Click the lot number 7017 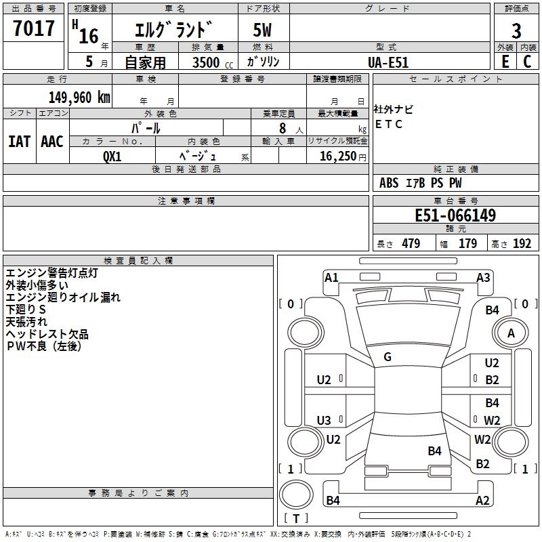tap(33, 28)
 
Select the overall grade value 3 tap(516, 31)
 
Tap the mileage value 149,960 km tap(79, 97)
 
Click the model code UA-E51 tap(388, 62)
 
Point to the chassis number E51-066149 tap(455, 215)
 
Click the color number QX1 tap(112, 157)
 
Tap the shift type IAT tap(19, 142)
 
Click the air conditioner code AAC tap(52, 142)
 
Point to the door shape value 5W tap(262, 30)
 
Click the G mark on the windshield tap(388, 357)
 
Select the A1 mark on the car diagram tap(331, 278)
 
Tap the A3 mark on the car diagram tap(483, 278)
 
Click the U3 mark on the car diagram tap(324, 420)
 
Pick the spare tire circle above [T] tap(296, 495)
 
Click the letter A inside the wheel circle tap(511, 333)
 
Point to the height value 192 tap(522, 243)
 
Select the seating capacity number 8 tap(283, 128)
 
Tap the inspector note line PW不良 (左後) tap(44, 346)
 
